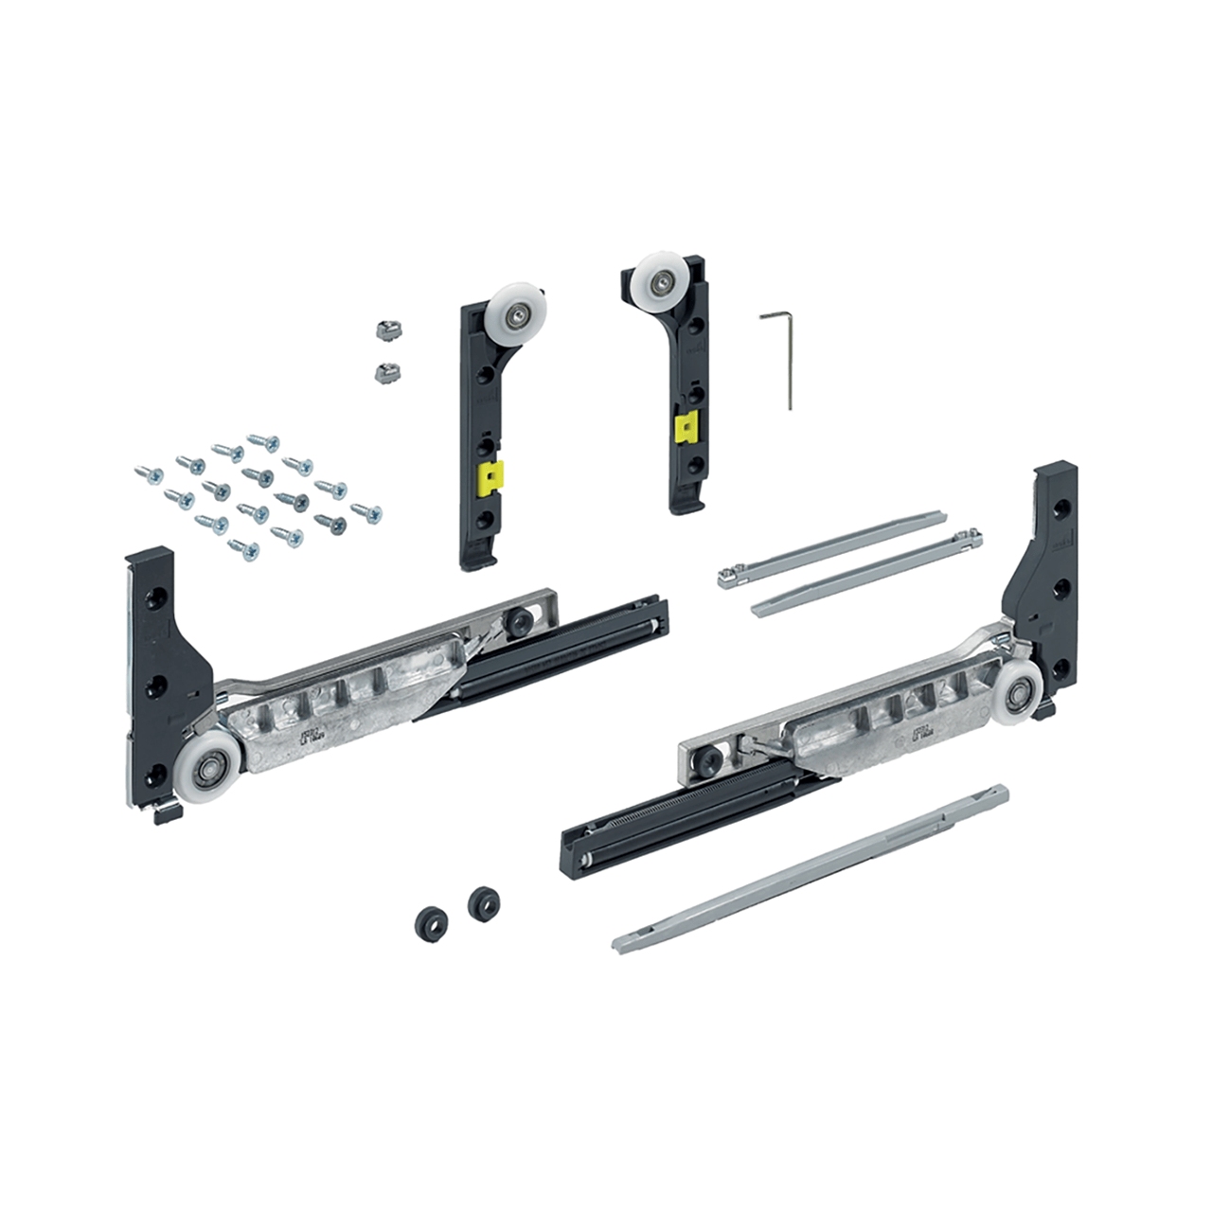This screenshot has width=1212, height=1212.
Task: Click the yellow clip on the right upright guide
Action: coord(680,432)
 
